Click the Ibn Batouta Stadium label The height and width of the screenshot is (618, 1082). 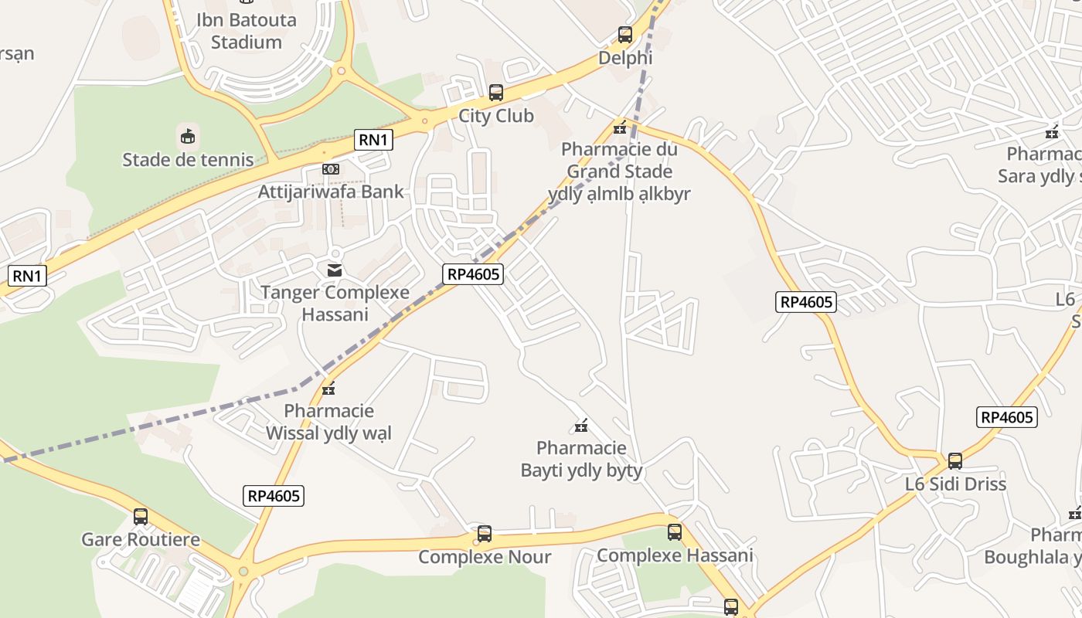(x=246, y=31)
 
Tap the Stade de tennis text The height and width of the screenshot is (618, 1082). (x=188, y=160)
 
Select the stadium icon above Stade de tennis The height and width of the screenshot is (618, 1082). (x=187, y=137)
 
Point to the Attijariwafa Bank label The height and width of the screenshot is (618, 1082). (x=331, y=191)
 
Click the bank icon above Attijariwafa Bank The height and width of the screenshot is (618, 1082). (x=331, y=169)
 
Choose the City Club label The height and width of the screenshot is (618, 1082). (x=496, y=116)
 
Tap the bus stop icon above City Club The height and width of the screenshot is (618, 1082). (x=496, y=93)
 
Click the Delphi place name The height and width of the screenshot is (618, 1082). (x=625, y=58)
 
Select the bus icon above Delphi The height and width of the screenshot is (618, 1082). (x=625, y=35)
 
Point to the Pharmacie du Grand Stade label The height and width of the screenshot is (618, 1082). (x=619, y=160)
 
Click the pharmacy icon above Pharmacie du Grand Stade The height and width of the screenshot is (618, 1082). (x=619, y=127)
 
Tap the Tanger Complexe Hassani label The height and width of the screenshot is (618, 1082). (x=335, y=304)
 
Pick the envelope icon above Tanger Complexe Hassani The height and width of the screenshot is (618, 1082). (x=335, y=270)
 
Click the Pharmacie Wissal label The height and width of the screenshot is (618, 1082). (x=328, y=422)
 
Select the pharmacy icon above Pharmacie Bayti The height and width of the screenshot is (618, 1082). (x=581, y=425)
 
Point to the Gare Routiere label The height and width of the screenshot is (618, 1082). (x=141, y=539)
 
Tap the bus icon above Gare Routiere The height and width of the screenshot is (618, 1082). (x=141, y=516)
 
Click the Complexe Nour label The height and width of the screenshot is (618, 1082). (x=485, y=557)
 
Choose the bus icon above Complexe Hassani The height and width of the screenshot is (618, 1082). (x=675, y=531)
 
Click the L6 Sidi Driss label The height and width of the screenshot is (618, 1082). (x=955, y=484)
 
